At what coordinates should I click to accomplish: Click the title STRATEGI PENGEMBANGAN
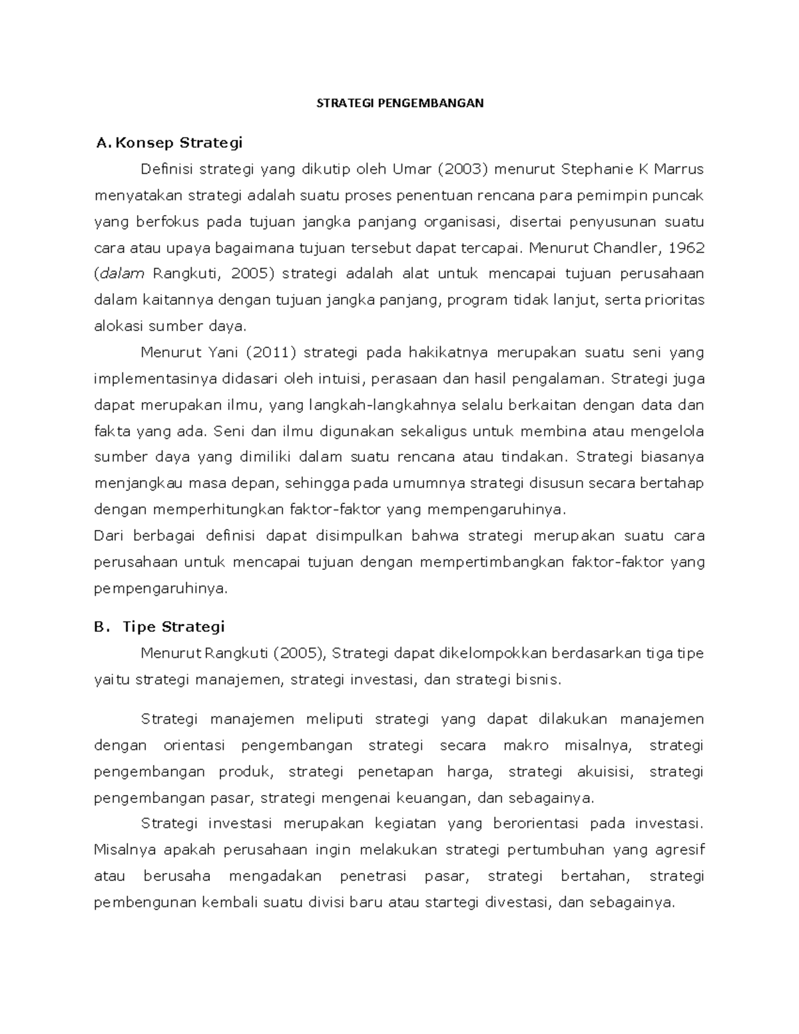[x=400, y=103]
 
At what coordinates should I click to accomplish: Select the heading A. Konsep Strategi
[x=169, y=142]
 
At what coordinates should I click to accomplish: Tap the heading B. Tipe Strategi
[x=160, y=627]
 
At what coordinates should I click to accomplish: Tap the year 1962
[x=686, y=248]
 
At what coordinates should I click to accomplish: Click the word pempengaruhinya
[x=160, y=589]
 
